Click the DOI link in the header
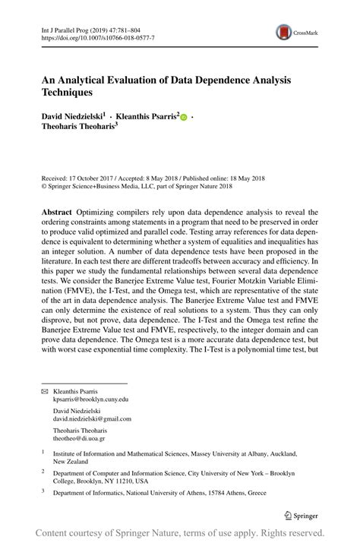point(96,36)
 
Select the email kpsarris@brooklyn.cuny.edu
point(90,399)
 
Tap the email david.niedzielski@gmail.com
point(92,418)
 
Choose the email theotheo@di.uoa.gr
point(79,438)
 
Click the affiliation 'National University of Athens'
point(164,493)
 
